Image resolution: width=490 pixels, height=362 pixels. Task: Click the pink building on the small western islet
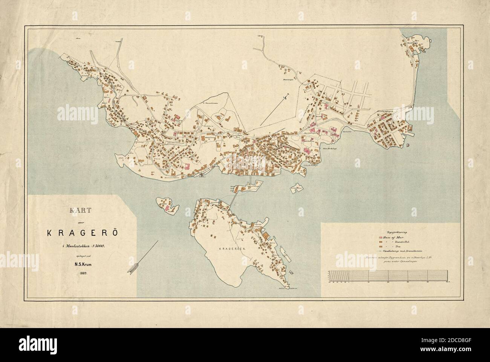pyautogui.click(x=165, y=207)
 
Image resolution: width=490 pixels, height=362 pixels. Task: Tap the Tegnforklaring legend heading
pyautogui.click(x=389, y=233)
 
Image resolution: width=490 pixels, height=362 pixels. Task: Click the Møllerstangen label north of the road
pyautogui.click(x=288, y=80)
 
